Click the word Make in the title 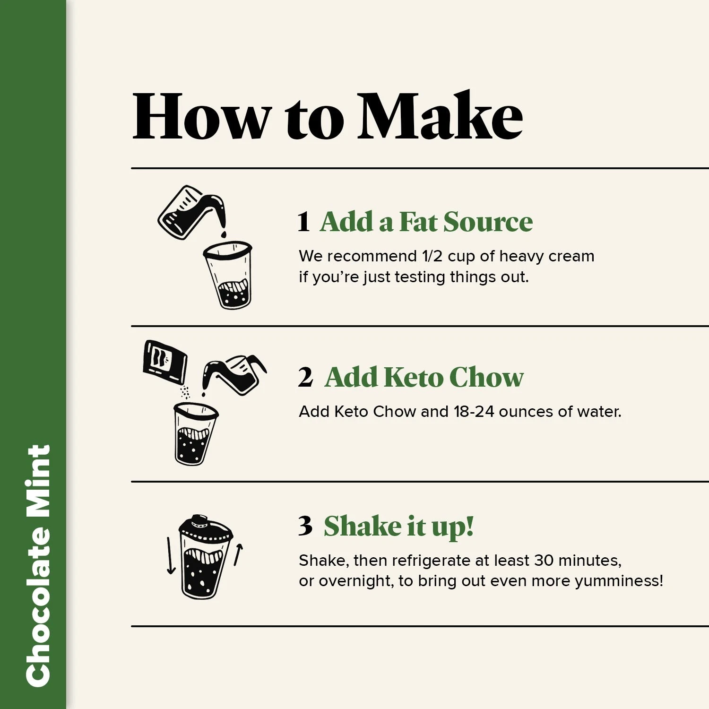440,116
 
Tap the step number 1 304,222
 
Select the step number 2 305,378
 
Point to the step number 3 305,526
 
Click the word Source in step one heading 488,222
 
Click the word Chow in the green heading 486,377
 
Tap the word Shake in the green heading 363,526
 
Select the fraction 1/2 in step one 432,256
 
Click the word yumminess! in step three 619,581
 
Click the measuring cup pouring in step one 191,211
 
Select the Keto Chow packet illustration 165,362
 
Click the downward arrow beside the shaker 171,556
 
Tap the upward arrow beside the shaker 238,554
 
